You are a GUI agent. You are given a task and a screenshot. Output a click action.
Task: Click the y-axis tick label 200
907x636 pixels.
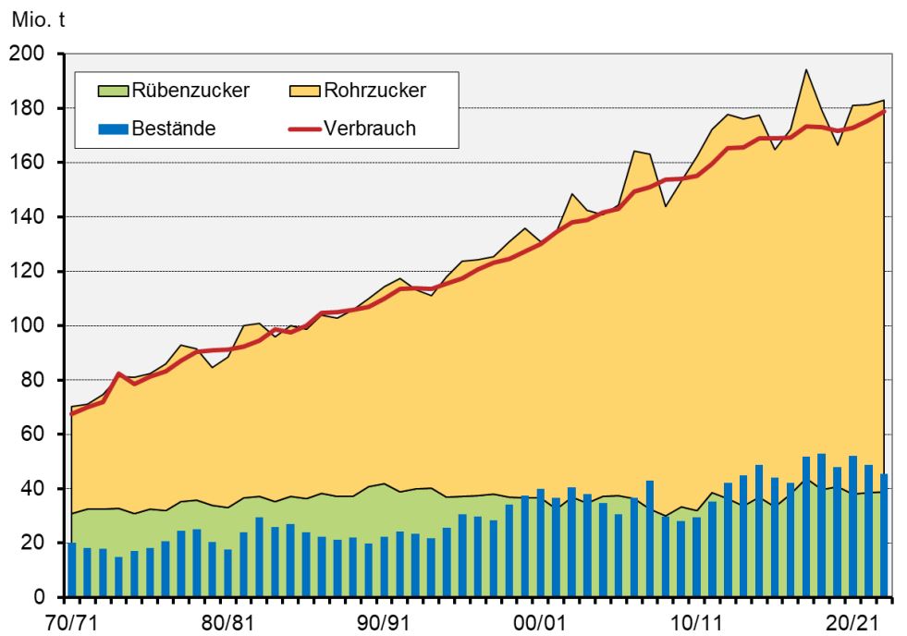(x=28, y=55)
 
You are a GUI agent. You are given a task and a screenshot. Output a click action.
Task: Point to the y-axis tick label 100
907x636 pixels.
(x=28, y=326)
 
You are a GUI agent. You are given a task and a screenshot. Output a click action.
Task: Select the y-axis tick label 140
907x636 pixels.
(x=28, y=217)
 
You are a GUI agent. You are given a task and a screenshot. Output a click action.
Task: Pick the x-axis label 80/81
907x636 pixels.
(x=227, y=620)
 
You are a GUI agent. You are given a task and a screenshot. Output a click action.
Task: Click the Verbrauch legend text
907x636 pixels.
(x=370, y=128)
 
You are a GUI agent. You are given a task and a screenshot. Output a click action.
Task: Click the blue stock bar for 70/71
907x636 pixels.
(x=71, y=569)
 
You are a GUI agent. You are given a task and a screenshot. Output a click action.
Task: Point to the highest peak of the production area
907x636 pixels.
(x=806, y=70)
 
